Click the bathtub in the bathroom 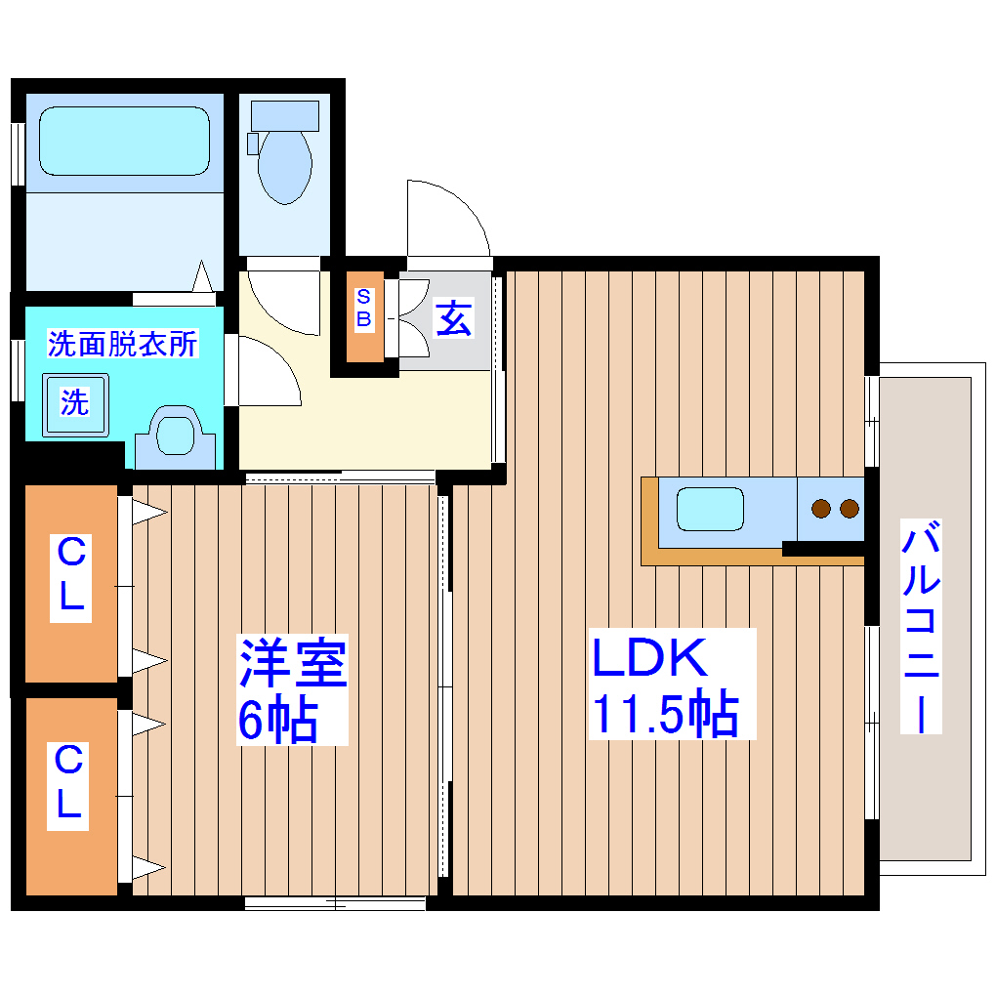tap(124, 141)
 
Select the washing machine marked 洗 tap(75, 402)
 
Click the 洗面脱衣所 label tap(123, 344)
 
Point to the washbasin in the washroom tap(175, 434)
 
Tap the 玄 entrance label tap(453, 318)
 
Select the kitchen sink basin tap(710, 509)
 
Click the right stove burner tap(849, 508)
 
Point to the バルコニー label tap(921, 628)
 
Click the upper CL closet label tap(70, 577)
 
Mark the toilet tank tap(284, 115)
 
